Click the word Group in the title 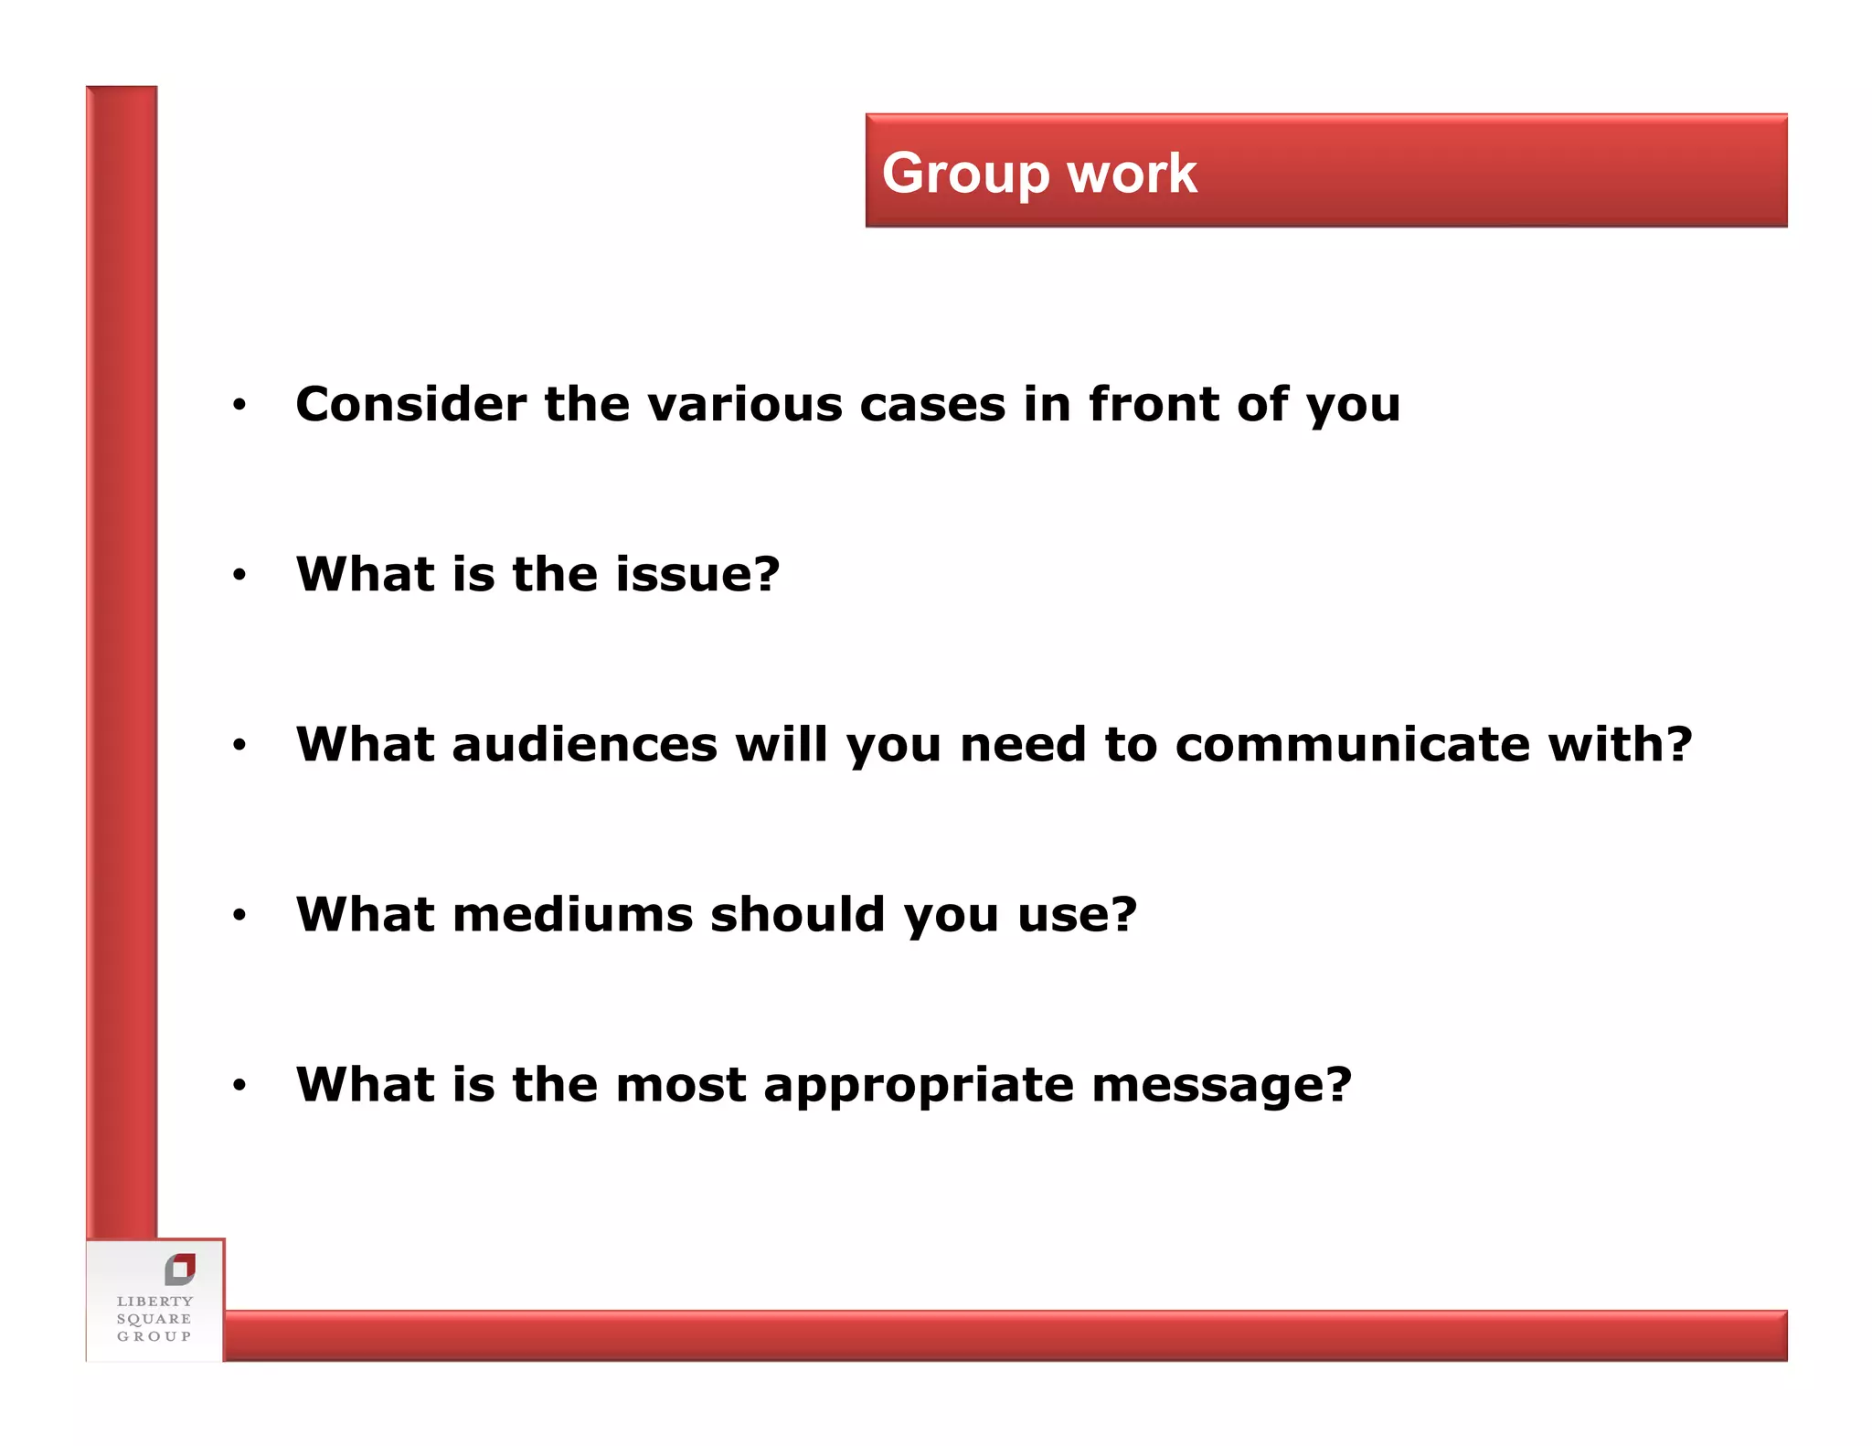click(965, 174)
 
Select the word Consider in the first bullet click(410, 404)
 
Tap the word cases click(932, 404)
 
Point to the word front click(1153, 404)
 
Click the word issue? click(697, 574)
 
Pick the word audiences click(584, 744)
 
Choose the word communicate click(1352, 744)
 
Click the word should click(797, 914)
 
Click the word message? click(1221, 1086)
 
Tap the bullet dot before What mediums click(239, 915)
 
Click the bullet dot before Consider click(239, 405)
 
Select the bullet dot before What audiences click(239, 745)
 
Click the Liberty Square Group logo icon click(180, 1269)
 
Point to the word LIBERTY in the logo click(154, 1302)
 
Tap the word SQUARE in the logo click(154, 1319)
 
